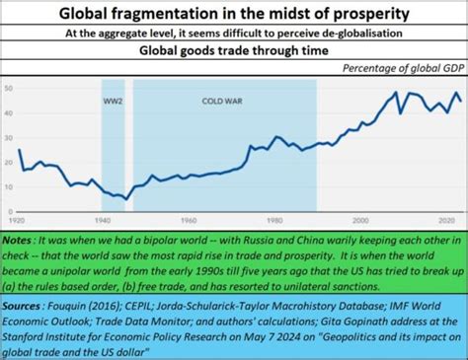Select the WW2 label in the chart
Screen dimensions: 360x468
[x=113, y=103]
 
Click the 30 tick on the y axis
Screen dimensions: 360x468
[x=10, y=138]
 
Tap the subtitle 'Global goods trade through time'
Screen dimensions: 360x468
[x=234, y=50]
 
